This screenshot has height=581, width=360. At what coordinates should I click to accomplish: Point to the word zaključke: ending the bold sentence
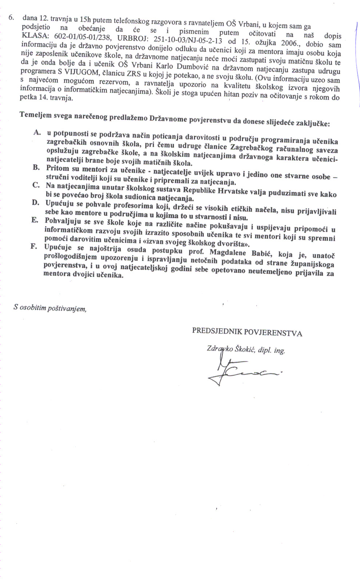pyautogui.click(x=312, y=123)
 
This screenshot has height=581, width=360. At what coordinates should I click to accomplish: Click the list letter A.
pyautogui.click(x=36, y=132)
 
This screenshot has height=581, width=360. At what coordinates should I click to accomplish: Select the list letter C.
pyautogui.click(x=36, y=185)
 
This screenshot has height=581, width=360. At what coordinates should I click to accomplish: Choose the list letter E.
pyautogui.click(x=35, y=220)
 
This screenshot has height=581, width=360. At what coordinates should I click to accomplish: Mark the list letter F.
pyautogui.click(x=34, y=247)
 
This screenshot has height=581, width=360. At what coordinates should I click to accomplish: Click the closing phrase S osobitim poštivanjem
pyautogui.click(x=50, y=308)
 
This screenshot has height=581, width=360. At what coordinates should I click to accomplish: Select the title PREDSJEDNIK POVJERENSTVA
pyautogui.click(x=247, y=332)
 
